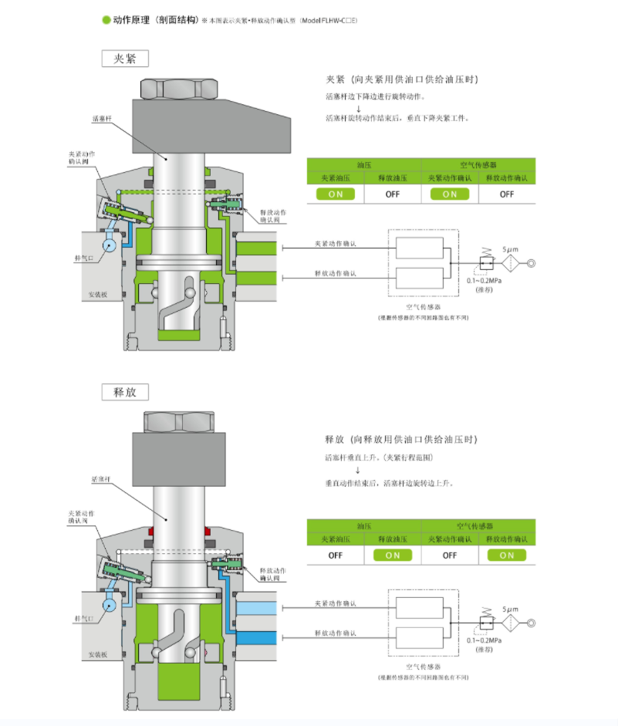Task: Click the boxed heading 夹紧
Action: (x=125, y=59)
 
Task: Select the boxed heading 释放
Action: (x=125, y=391)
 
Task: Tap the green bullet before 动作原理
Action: (x=106, y=19)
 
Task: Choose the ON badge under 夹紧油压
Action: (x=336, y=194)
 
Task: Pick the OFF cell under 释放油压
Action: (x=393, y=194)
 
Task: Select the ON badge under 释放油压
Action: (x=393, y=555)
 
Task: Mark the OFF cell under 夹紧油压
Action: (x=336, y=555)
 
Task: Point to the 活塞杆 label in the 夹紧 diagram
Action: (x=103, y=119)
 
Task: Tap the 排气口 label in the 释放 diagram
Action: (x=84, y=620)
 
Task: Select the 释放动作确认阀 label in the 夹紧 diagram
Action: (x=274, y=216)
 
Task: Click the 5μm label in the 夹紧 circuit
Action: (x=510, y=250)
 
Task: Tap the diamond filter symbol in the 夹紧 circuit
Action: (x=511, y=264)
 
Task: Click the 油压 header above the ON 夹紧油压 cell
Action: (x=363, y=164)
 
